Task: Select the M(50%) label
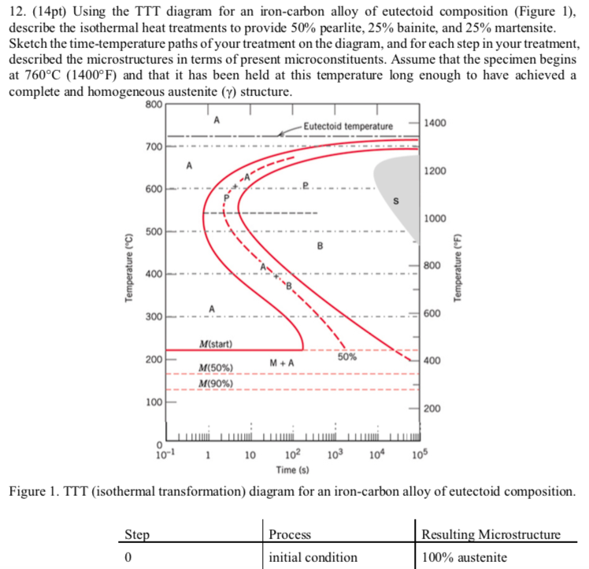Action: pyautogui.click(x=214, y=368)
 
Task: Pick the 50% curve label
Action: pyautogui.click(x=347, y=357)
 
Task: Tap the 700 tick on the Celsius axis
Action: pyautogui.click(x=154, y=147)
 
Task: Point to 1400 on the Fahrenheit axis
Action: pyautogui.click(x=435, y=124)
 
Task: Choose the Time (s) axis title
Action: pyautogui.click(x=293, y=470)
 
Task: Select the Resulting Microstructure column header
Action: pyautogui.click(x=491, y=535)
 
